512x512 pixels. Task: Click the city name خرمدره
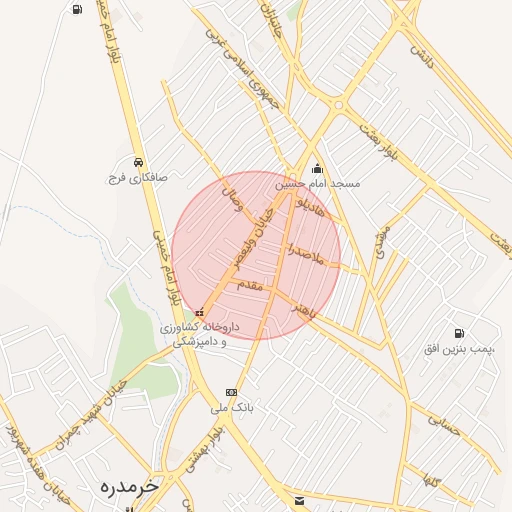(x=130, y=486)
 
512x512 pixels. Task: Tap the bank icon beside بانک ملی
(x=232, y=392)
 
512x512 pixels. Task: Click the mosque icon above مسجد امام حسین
(x=318, y=168)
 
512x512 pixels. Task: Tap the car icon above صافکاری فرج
(x=138, y=161)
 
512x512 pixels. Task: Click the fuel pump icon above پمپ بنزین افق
(x=459, y=332)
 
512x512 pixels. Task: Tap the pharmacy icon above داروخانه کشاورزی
(x=200, y=311)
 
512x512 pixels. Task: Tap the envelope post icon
(x=298, y=499)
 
